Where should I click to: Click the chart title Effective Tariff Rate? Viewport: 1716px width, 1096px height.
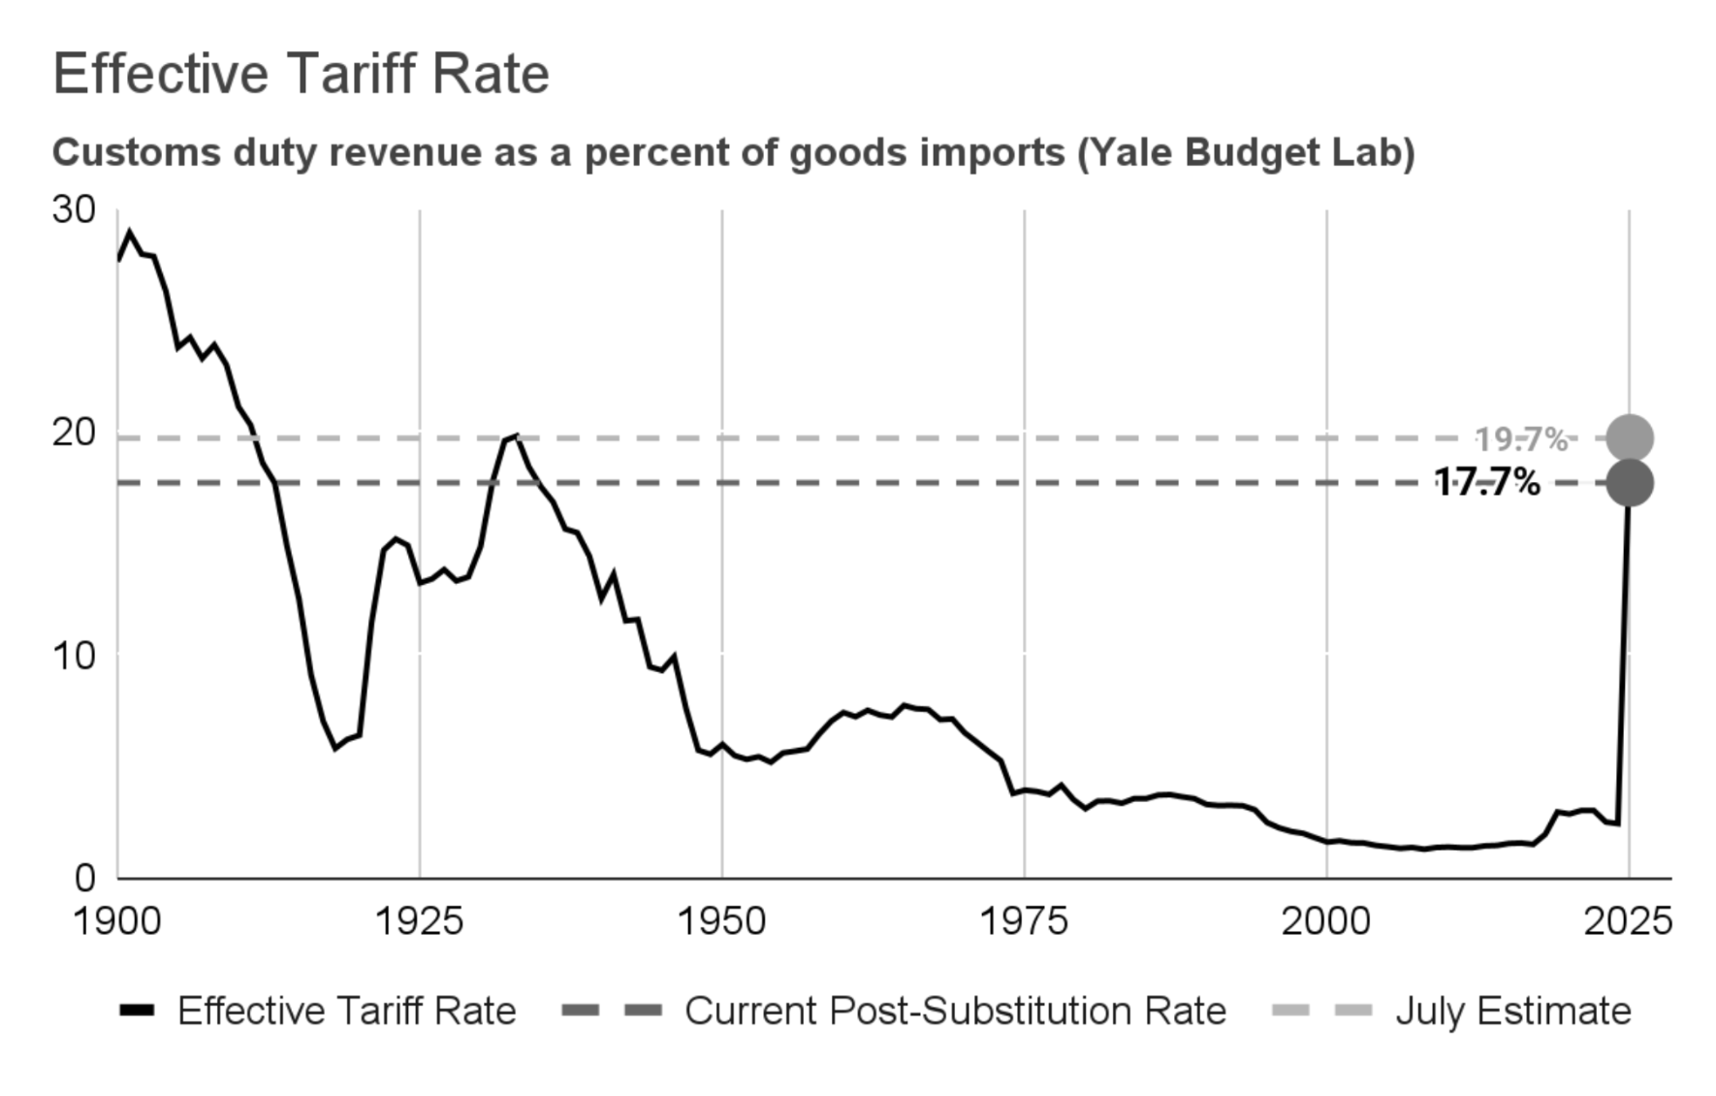301,74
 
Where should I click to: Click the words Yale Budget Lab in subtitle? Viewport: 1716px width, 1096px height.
1246,153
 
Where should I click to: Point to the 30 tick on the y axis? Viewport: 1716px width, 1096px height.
74,210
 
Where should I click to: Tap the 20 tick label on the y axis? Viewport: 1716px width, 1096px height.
74,433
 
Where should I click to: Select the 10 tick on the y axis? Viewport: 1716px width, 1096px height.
74,656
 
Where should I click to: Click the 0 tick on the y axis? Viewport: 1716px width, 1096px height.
85,879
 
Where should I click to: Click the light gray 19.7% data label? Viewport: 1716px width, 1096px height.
1521,439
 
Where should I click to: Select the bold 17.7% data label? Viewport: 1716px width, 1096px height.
1487,482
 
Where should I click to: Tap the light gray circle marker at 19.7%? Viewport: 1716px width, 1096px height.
1630,438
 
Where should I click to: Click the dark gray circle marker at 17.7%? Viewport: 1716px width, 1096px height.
1630,483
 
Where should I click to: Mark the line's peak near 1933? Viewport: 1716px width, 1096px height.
516,436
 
